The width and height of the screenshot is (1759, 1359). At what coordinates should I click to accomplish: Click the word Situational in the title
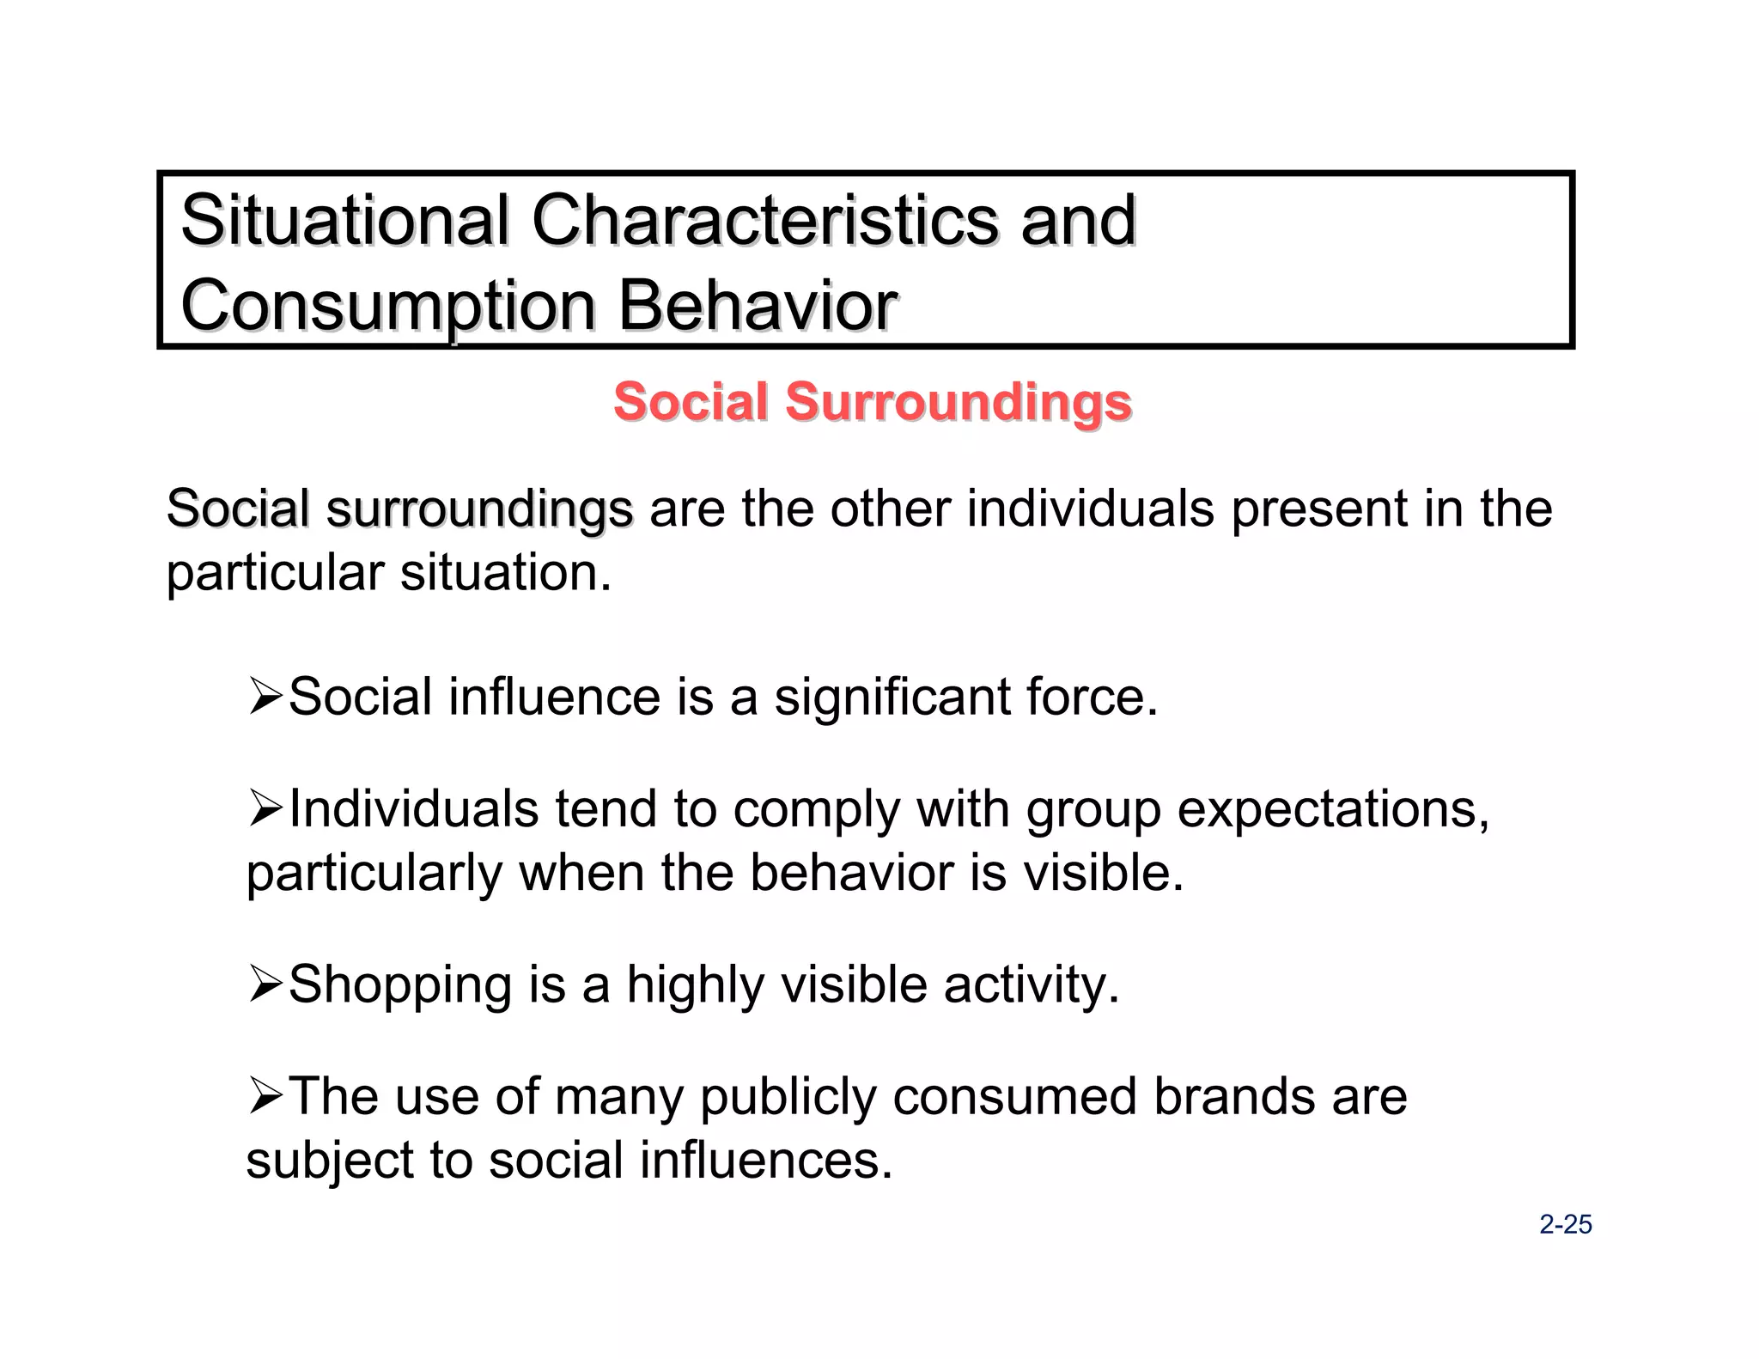344,221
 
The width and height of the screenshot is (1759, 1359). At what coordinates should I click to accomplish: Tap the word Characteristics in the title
764,221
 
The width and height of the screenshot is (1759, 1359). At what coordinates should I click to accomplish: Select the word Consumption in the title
388,307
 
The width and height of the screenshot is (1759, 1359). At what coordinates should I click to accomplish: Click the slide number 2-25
1565,1224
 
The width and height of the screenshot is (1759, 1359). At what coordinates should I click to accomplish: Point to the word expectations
1332,810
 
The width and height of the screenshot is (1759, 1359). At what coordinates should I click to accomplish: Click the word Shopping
400,985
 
